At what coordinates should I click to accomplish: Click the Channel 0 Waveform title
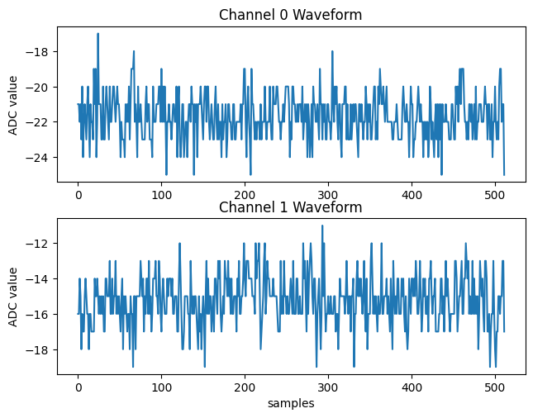point(290,15)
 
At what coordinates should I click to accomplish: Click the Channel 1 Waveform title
point(290,207)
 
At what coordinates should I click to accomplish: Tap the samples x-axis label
point(290,404)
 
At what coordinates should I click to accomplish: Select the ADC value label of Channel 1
point(13,296)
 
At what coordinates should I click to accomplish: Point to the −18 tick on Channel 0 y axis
point(41,51)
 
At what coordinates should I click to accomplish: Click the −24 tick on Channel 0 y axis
point(41,157)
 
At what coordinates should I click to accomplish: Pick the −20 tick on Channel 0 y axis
point(41,87)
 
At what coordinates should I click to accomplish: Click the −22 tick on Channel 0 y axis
point(41,122)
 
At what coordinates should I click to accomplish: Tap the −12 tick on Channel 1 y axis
point(41,244)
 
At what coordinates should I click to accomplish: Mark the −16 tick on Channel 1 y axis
point(41,315)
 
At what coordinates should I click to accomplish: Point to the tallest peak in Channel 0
point(98,34)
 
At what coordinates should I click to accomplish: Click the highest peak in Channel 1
point(322,226)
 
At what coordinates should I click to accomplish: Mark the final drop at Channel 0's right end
point(504,173)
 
